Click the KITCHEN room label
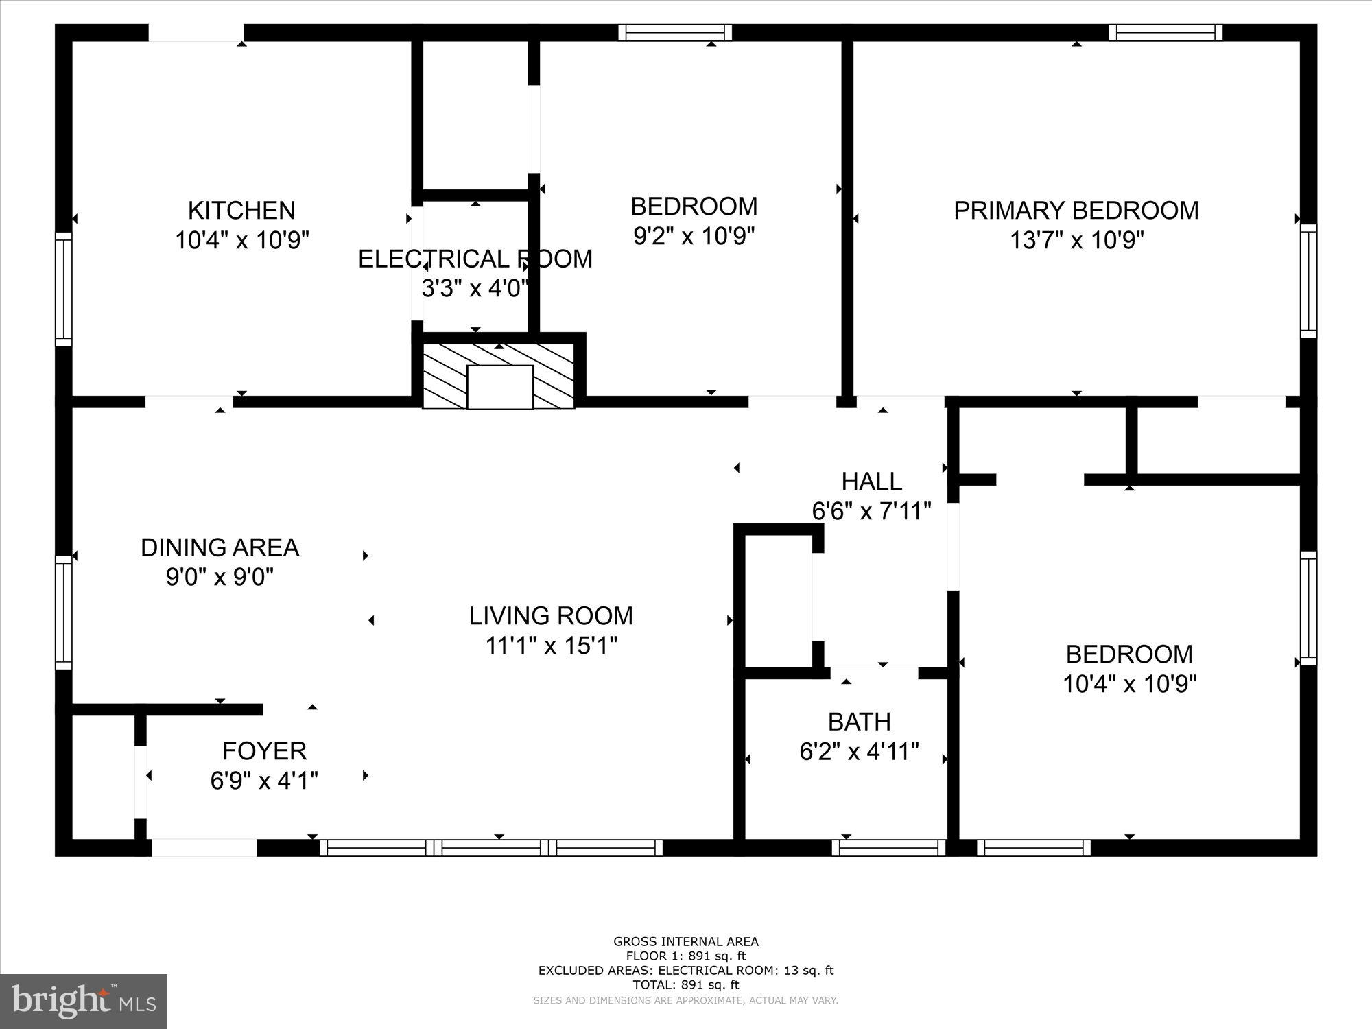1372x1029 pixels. coord(241,210)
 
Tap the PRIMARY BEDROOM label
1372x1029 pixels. coord(1076,210)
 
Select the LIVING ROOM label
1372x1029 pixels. coord(551,615)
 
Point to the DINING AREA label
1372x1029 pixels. coord(220,547)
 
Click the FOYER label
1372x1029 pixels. coord(264,751)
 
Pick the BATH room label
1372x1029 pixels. coord(860,722)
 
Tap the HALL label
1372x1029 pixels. coord(872,482)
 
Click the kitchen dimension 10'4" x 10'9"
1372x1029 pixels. coord(242,240)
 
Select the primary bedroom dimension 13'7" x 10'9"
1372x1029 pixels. coord(1076,240)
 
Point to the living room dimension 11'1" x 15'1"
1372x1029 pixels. coord(552,646)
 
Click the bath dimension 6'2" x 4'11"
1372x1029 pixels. coord(859,752)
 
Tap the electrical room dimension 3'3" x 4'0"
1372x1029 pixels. coord(475,288)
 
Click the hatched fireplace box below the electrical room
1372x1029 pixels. coord(499,377)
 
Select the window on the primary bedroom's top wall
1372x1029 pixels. coord(1166,33)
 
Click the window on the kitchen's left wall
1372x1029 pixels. coord(63,288)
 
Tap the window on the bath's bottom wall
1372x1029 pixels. coord(889,848)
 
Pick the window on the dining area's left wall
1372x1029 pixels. coord(63,612)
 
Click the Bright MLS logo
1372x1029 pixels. coord(84,1002)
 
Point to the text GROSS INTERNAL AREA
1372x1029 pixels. coord(686,942)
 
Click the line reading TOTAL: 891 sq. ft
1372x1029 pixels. coord(686,985)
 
